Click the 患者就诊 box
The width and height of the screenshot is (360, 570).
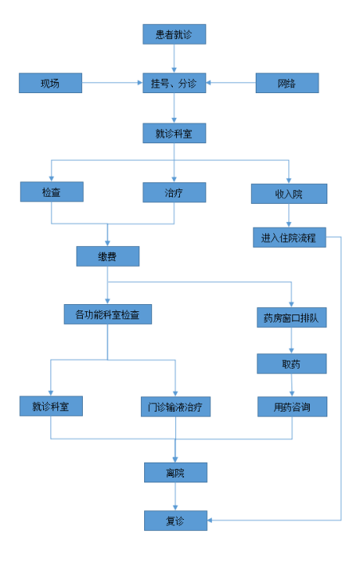(x=174, y=34)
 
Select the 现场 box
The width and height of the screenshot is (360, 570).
(x=50, y=83)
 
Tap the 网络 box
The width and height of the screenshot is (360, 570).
(x=288, y=83)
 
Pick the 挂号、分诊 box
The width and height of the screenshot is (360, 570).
(x=174, y=83)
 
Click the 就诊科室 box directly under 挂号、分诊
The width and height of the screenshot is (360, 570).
(x=174, y=133)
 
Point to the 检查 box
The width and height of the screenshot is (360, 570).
(x=52, y=192)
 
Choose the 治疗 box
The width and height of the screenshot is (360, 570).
(x=174, y=193)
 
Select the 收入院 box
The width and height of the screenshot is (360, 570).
(x=289, y=193)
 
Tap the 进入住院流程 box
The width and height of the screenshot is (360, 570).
(x=289, y=237)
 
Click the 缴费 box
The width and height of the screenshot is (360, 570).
(x=108, y=256)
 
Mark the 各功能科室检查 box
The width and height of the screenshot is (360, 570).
(x=108, y=314)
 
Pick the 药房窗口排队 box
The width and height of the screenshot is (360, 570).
(x=292, y=318)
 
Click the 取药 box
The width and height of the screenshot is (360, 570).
(x=292, y=364)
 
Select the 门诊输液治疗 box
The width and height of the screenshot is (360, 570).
(x=176, y=407)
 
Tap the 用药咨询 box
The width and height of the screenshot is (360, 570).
(x=292, y=407)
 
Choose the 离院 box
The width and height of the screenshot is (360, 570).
(x=176, y=473)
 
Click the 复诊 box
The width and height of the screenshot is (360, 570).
(x=176, y=521)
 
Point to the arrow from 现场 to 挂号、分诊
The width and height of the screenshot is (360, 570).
(x=112, y=83)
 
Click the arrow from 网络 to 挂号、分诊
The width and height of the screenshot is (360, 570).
(x=231, y=83)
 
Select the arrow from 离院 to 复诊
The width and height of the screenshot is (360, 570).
(x=175, y=497)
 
